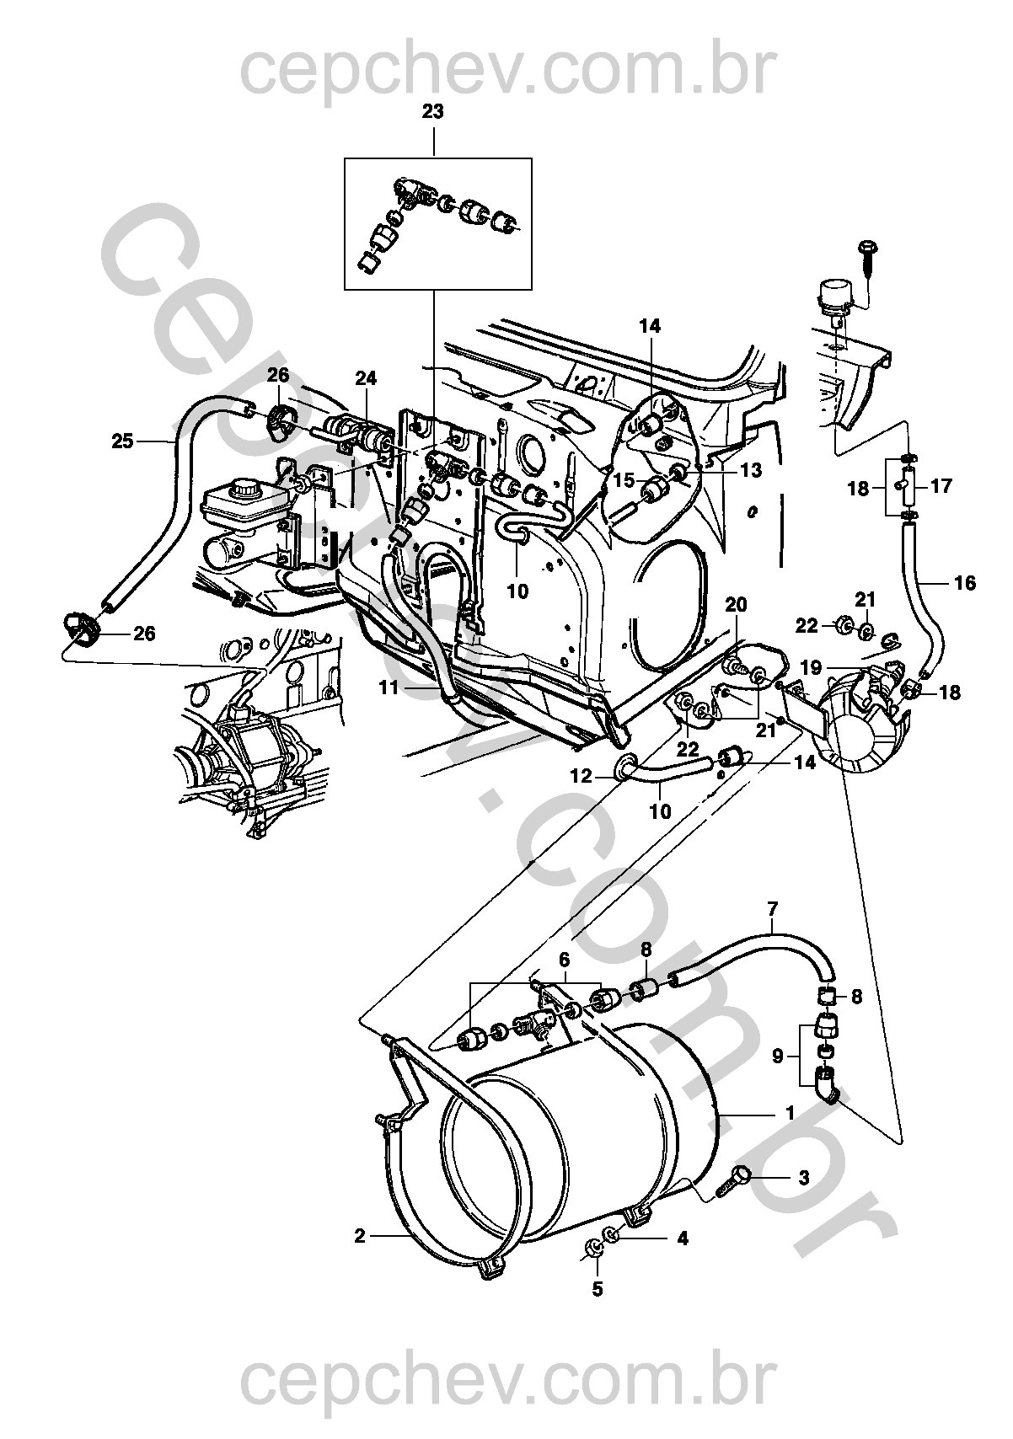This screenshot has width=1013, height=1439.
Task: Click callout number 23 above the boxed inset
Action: [433, 110]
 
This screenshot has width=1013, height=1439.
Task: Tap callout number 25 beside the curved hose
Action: [123, 440]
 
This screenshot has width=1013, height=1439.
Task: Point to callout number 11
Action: [388, 687]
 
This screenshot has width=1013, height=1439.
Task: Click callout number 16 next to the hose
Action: [966, 582]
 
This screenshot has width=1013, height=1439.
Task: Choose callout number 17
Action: [941, 486]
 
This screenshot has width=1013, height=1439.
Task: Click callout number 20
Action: [736, 605]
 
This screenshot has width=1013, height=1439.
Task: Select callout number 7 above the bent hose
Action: [773, 908]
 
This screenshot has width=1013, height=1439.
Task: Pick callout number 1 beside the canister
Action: [791, 1113]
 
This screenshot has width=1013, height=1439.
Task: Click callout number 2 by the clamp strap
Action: [360, 1237]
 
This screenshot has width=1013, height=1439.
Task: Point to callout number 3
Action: [803, 1178]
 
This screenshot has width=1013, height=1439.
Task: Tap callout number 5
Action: [598, 1288]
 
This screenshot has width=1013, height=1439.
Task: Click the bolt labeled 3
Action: [734, 1180]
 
